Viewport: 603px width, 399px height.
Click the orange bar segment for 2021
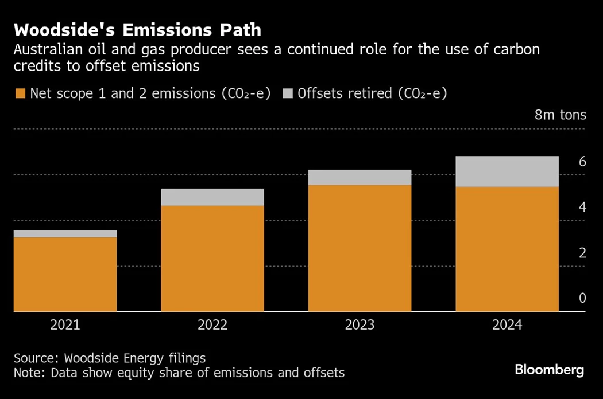click(65, 274)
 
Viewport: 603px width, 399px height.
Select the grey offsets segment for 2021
click(65, 234)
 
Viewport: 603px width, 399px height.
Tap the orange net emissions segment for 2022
click(212, 259)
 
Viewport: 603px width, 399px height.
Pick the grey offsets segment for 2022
click(212, 197)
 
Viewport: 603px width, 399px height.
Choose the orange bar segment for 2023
click(360, 248)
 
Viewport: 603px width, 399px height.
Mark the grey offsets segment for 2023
click(360, 177)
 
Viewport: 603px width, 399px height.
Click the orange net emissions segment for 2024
click(507, 249)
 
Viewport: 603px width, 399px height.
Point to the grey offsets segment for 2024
click(507, 171)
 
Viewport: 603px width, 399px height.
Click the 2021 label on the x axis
click(65, 325)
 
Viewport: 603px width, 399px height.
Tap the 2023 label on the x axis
click(360, 325)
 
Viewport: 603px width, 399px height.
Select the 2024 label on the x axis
click(507, 325)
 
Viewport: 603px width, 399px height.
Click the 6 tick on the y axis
click(582, 161)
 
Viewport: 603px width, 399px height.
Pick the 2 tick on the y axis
click(582, 253)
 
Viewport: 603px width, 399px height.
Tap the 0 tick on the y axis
click(582, 298)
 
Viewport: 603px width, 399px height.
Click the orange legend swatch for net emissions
click(20, 93)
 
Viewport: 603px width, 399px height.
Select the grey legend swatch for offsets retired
click(288, 93)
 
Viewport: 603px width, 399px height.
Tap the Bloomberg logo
click(549, 370)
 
